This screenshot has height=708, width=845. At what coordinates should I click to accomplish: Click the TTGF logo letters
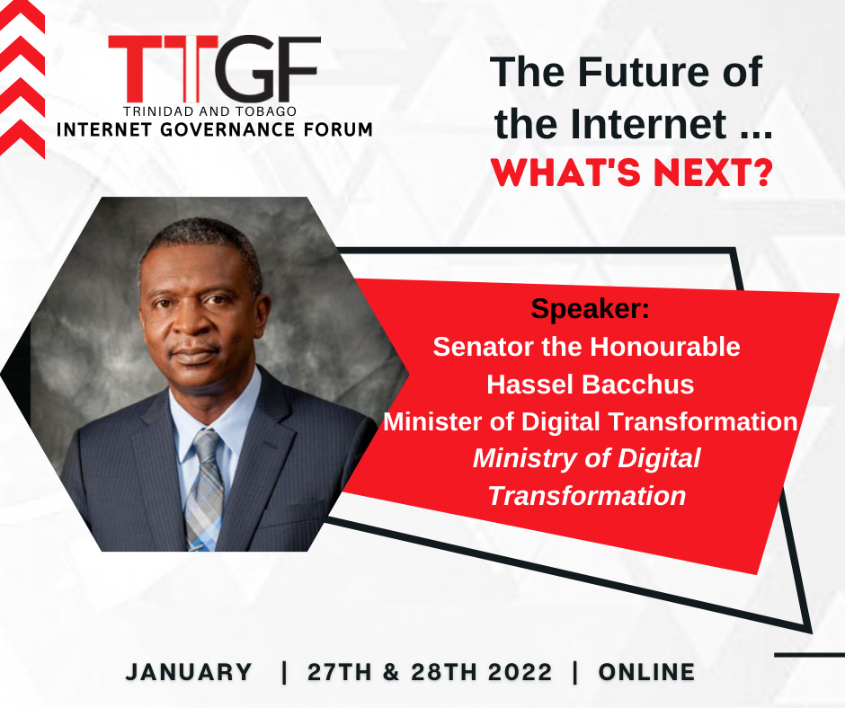tap(215, 69)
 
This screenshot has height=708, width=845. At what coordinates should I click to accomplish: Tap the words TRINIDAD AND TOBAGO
tap(209, 111)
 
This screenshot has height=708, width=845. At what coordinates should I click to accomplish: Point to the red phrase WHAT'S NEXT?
tap(632, 173)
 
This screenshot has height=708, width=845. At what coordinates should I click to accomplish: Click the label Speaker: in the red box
tap(590, 308)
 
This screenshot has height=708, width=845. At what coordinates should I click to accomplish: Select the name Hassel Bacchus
tap(590, 385)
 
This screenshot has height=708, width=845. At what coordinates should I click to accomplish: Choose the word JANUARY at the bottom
tap(189, 672)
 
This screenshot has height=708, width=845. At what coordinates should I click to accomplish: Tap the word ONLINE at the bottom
tap(646, 672)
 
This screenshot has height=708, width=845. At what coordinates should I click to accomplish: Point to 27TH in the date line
tap(340, 672)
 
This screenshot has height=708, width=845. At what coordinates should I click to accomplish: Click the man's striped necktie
tap(204, 488)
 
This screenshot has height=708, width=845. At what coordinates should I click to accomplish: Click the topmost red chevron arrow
tap(22, 17)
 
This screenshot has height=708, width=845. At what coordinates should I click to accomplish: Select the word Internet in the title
tap(648, 123)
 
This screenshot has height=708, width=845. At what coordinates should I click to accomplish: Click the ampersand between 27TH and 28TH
tap(391, 672)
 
